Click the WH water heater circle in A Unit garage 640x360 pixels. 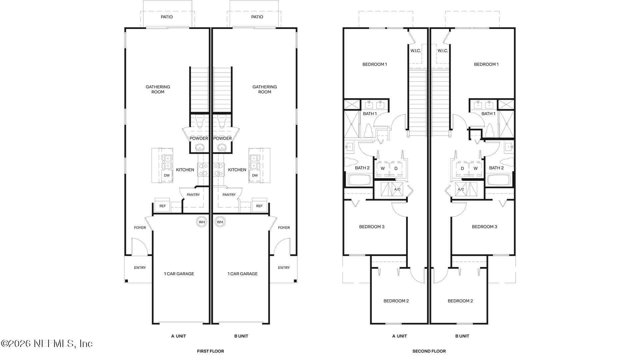(x=202, y=222)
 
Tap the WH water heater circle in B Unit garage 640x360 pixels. (x=220, y=222)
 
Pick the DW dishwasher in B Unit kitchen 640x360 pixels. (x=255, y=175)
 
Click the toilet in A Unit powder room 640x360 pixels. (x=200, y=122)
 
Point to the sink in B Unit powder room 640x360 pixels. (x=222, y=147)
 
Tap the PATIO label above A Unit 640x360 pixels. (x=167, y=17)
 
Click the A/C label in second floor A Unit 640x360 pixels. (x=397, y=189)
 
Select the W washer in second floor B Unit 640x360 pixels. (x=476, y=168)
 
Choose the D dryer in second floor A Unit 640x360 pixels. (x=396, y=168)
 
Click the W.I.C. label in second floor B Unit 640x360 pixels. (x=443, y=51)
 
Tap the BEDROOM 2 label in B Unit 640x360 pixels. (x=460, y=301)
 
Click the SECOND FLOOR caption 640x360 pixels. (x=429, y=351)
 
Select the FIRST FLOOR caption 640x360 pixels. (x=210, y=351)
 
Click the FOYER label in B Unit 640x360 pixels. (x=284, y=228)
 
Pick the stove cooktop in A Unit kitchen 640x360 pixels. (x=203, y=169)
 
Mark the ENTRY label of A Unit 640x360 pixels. (x=140, y=267)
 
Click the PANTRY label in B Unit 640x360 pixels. (x=229, y=195)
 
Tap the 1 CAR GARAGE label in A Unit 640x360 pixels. (x=179, y=274)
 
